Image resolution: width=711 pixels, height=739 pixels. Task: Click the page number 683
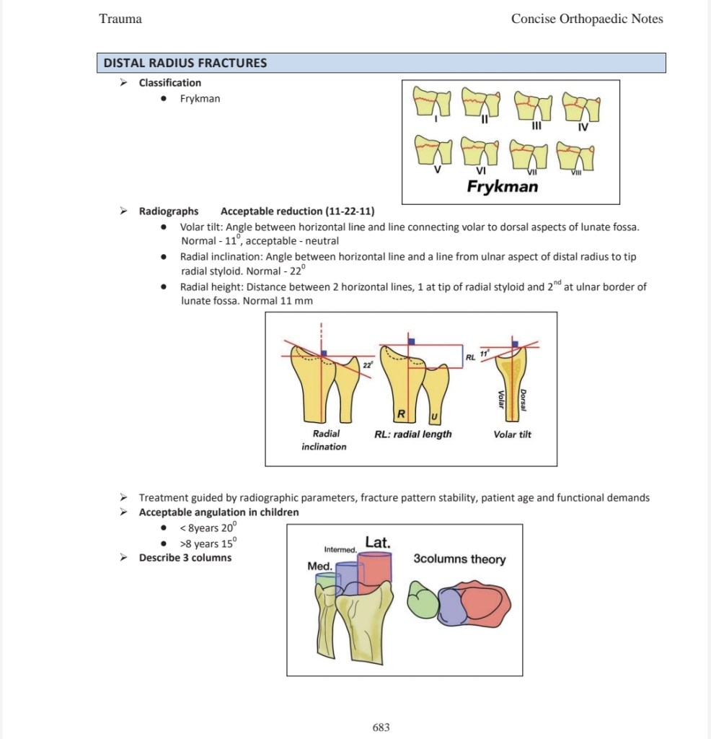(x=381, y=727)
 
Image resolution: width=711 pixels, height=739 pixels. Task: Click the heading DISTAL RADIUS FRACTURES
(x=185, y=64)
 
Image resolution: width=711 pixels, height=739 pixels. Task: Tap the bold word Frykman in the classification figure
(x=503, y=186)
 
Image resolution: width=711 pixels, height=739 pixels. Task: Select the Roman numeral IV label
(x=583, y=127)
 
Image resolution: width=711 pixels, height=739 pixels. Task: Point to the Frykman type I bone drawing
(x=431, y=101)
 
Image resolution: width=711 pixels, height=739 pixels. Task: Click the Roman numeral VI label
(x=481, y=170)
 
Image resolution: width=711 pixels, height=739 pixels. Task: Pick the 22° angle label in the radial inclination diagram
(x=368, y=364)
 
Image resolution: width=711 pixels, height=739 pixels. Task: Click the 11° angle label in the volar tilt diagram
(x=485, y=354)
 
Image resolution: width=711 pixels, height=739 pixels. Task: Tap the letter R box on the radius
(x=401, y=414)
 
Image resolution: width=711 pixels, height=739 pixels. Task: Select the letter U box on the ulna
(x=434, y=416)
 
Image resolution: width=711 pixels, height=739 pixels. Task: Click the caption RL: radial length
(x=413, y=434)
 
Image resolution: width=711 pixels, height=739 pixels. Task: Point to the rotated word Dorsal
(x=523, y=400)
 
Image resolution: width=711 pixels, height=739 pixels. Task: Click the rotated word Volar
(x=501, y=399)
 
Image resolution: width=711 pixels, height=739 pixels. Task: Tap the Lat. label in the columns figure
(x=378, y=542)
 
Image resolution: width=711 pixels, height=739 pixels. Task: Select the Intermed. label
(x=340, y=549)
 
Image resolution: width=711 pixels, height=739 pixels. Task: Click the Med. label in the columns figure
(x=319, y=566)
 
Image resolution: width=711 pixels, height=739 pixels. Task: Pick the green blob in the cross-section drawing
(x=423, y=600)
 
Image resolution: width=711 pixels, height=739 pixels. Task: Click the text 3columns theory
(x=459, y=559)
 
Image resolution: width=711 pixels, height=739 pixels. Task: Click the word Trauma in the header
(x=120, y=19)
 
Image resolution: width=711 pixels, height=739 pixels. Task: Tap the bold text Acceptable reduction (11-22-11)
(x=298, y=211)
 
